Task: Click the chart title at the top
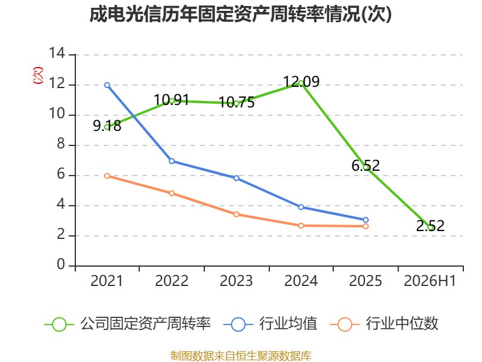tap(240, 14)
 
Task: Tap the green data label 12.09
tap(301, 81)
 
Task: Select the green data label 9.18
tap(107, 125)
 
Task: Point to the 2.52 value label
tap(430, 226)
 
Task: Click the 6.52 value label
tap(366, 165)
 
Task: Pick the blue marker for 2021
tap(107, 85)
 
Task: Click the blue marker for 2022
tap(172, 161)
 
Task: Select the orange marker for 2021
tap(107, 176)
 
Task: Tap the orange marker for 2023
tap(236, 214)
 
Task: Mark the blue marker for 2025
tap(366, 220)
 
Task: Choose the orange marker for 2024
tap(301, 226)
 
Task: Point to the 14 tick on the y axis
tap(57, 53)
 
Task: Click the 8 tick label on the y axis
tap(61, 144)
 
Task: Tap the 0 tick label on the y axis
tap(61, 264)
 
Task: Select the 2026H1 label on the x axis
tap(430, 281)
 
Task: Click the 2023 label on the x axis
tap(236, 281)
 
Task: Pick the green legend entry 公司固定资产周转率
tap(128, 324)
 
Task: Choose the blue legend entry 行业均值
tap(270, 324)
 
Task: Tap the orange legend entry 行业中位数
tap(384, 324)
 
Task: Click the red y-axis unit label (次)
tap(38, 75)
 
